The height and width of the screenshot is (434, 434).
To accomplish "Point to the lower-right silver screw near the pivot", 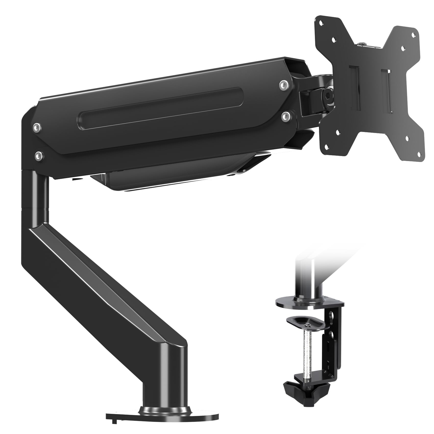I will point(285,115).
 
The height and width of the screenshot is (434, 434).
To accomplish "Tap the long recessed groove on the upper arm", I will point(161,105).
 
